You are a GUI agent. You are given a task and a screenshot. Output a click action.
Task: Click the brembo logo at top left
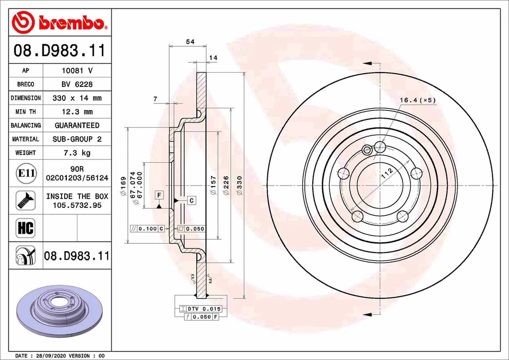pos(59,22)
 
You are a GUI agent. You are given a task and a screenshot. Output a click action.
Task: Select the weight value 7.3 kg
pos(77,153)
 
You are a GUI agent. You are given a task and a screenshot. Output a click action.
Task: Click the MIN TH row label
pos(25,112)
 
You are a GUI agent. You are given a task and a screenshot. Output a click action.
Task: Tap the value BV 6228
pos(77,84)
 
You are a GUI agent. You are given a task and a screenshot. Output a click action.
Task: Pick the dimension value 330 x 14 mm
pos(77,98)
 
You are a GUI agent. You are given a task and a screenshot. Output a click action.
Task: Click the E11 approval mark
pos(26,173)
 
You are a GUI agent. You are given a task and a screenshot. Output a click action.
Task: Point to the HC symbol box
pos(26,228)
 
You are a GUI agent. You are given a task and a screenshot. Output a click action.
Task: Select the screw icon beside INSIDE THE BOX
pos(26,200)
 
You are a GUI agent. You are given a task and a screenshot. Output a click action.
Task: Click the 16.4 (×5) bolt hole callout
pos(417,100)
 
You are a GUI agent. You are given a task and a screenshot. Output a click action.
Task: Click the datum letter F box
pos(159,195)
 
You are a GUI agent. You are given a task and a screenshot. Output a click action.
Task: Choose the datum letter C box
pos(191,200)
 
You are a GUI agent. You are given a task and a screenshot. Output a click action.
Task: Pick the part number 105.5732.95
pos(77,205)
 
